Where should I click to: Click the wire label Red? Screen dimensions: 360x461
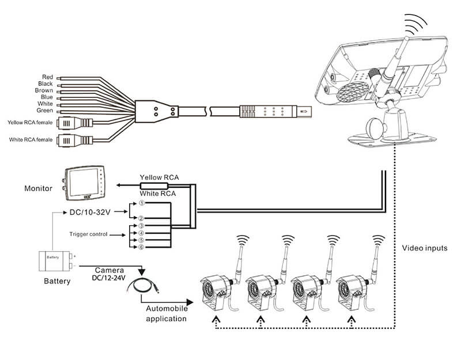click(47, 77)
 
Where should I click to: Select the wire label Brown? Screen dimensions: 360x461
click(44, 90)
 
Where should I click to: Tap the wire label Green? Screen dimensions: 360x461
click(45, 111)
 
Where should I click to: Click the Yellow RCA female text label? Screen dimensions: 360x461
click(30, 122)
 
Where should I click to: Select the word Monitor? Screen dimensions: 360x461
click(39, 188)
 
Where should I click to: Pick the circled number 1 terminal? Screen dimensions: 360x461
click(141, 203)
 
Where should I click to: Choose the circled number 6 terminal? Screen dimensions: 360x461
click(141, 247)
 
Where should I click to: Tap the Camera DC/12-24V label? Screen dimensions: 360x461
click(108, 273)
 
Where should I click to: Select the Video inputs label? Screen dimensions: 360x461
click(425, 248)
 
